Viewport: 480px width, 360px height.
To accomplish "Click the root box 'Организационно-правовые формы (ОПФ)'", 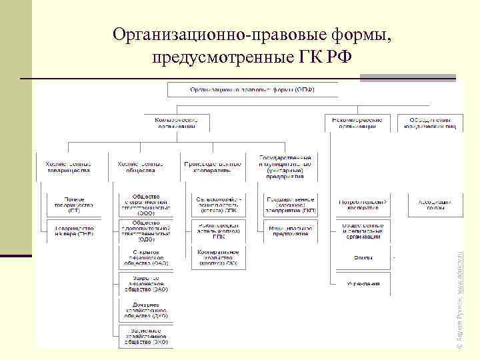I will tap(252, 89).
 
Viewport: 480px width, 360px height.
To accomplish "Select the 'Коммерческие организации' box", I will tap(176, 122).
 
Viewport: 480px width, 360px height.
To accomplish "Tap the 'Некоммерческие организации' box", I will tap(355, 122).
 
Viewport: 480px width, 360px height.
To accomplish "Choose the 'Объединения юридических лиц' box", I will tap(429, 122).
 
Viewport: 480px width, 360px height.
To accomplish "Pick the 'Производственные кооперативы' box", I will tap(208, 167).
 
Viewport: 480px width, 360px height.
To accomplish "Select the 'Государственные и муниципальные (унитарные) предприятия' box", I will tap(285, 166).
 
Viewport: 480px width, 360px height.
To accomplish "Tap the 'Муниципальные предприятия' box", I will tap(291, 231).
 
